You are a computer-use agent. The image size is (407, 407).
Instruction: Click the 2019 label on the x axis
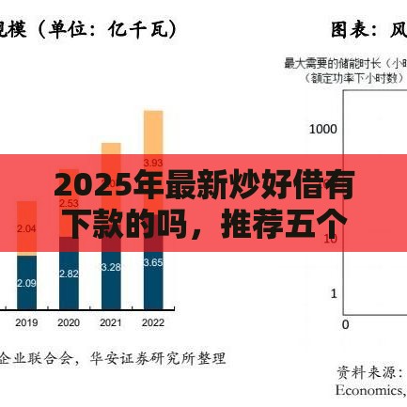pos(27,322)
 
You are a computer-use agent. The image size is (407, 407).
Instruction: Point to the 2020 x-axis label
pos(69,322)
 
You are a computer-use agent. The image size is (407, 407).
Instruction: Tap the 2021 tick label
pos(111,322)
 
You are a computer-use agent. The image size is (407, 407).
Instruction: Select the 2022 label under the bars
pos(152,322)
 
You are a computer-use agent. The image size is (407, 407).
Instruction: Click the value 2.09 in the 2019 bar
pos(27,283)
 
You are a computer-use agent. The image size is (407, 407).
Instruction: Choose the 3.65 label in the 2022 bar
pos(152,262)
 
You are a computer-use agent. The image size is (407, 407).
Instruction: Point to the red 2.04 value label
pos(27,228)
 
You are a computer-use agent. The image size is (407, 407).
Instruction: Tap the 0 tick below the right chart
pos(345,324)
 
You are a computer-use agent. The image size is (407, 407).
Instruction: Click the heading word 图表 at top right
pos(356,30)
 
